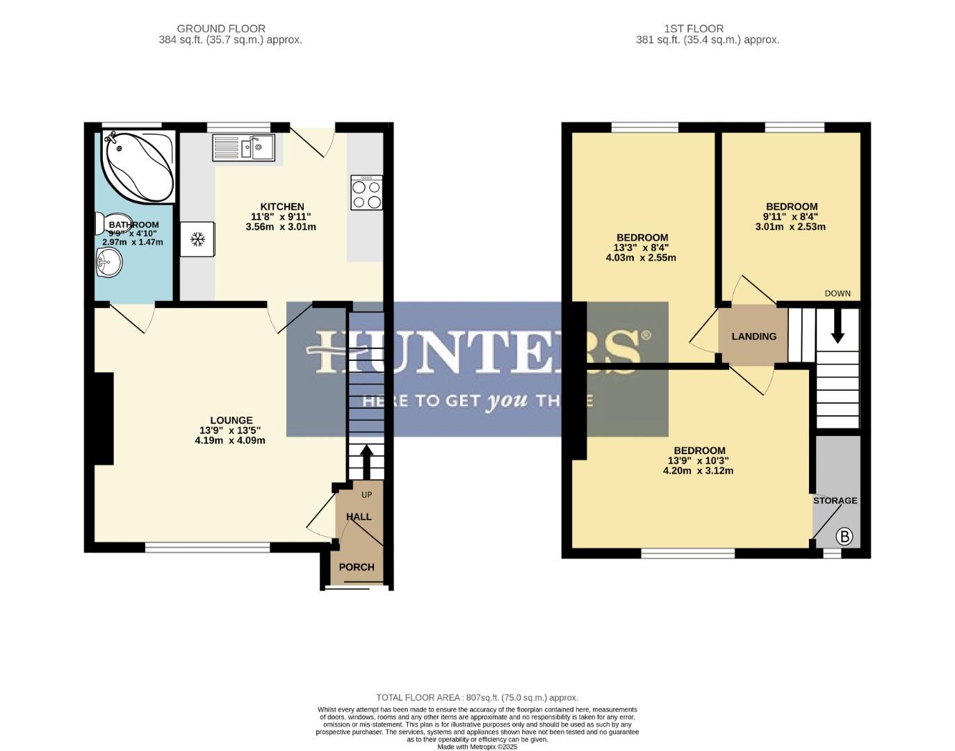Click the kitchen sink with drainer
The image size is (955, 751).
coord(243,147)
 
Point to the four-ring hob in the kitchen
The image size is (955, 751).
coord(366,193)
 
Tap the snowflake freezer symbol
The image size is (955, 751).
coord(198,240)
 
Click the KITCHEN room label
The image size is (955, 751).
coord(281,207)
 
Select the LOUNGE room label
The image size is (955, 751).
coord(231,420)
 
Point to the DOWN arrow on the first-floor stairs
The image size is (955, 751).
coord(838,326)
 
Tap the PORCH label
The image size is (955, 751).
coord(357,567)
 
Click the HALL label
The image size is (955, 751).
coord(359,517)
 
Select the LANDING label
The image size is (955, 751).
coord(753,337)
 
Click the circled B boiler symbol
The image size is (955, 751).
coord(844,536)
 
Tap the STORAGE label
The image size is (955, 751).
coord(835,501)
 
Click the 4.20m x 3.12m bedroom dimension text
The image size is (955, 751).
coord(698,471)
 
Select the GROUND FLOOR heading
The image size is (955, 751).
coord(221,29)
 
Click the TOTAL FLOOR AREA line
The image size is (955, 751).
coord(477,697)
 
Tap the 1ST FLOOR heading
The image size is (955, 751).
coord(693,29)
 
